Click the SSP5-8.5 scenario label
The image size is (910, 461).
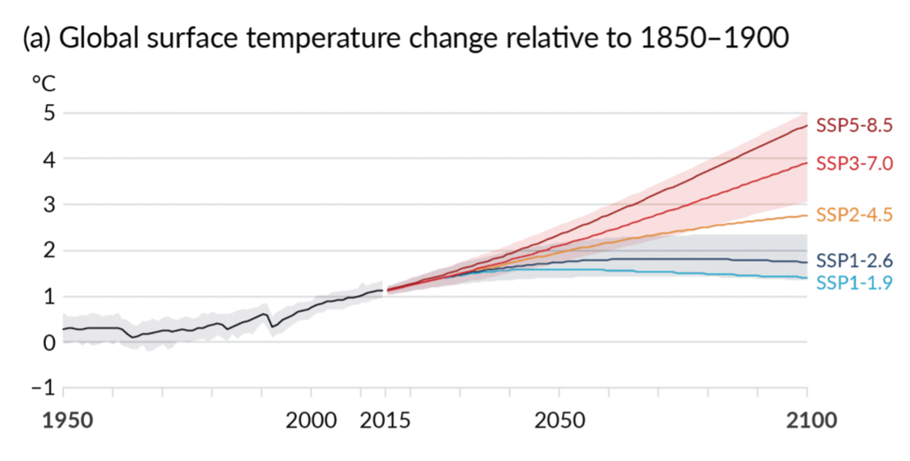854,126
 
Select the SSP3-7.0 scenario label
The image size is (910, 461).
854,164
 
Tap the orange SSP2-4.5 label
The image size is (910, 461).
854,215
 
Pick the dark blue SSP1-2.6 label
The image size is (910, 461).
854,261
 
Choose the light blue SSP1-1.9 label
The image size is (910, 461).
854,283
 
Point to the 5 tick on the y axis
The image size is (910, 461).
49,114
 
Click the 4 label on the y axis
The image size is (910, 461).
49,160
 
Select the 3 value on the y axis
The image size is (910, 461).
49,205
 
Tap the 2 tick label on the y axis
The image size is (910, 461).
49,251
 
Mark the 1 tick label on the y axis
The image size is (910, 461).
49,297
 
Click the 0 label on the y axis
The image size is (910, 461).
49,342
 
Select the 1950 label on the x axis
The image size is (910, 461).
67,421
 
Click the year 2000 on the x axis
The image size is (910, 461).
311,421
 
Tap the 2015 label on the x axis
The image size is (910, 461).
385,421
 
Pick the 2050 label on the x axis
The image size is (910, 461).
560,421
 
